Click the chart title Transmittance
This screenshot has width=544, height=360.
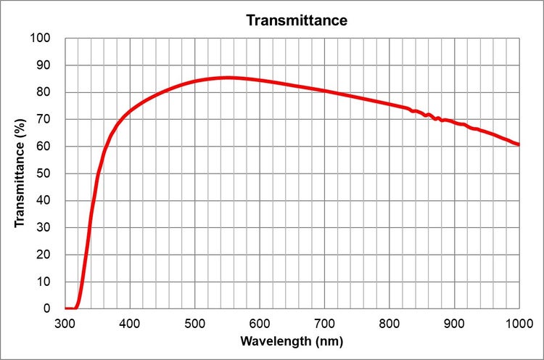[297, 20]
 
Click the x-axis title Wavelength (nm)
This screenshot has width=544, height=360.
[292, 340]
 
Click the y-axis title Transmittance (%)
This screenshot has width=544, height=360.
[20, 172]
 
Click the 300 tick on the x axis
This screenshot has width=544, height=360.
[65, 322]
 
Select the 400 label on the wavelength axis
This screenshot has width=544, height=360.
[130, 322]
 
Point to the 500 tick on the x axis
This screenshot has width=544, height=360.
[194, 322]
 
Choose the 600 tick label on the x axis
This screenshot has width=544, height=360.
[260, 322]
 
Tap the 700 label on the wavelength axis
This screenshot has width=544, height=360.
[324, 322]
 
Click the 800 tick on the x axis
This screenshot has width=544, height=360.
[390, 322]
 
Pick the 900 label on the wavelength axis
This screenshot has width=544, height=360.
[454, 322]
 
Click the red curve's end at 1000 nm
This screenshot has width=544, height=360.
[519, 144]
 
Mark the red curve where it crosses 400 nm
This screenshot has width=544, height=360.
[130, 110]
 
